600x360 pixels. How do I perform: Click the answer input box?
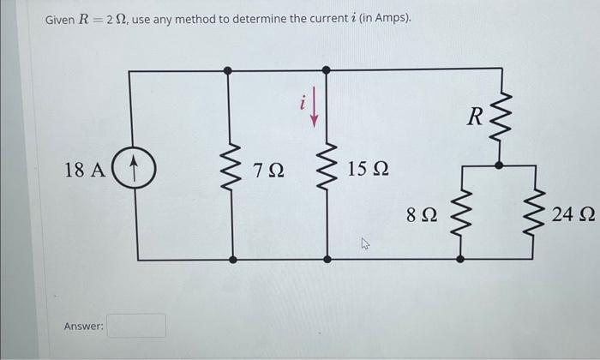pyautogui.click(x=137, y=326)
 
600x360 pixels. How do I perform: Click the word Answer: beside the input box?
pyautogui.click(x=83, y=327)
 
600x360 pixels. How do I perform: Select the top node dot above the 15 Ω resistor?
pyautogui.click(x=325, y=70)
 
